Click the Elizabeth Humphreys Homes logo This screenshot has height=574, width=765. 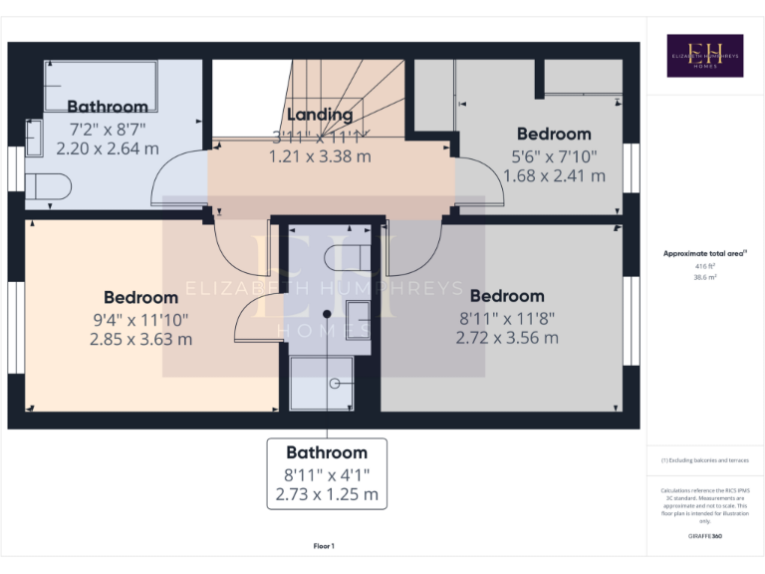pos(704,56)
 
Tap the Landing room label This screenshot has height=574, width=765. pos(320,115)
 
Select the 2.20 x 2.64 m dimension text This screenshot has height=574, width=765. pos(108,147)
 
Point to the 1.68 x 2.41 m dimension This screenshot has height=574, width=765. pos(554,175)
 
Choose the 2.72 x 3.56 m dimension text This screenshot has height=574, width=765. pos(507,337)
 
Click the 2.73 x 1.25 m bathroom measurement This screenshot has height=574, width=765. pos(327,494)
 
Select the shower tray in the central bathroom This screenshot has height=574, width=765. pos(328,383)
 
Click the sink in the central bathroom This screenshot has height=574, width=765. pos(359,321)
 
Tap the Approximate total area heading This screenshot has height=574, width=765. pos(703,254)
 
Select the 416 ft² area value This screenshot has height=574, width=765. pos(703,267)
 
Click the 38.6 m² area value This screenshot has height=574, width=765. pos(703,279)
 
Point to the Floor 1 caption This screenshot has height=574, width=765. pos(324,546)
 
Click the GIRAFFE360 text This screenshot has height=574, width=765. pos(703,536)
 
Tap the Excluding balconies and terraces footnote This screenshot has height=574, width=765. pos(703,460)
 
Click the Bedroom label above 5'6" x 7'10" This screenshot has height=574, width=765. pos(554,134)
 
